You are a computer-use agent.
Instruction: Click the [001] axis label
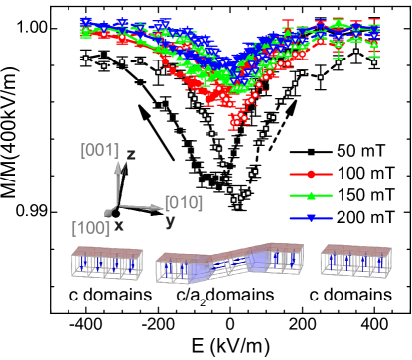coord(99,151)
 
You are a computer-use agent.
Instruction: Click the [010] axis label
coord(183,203)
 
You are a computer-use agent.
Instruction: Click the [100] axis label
coord(90,228)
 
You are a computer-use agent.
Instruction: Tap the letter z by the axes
coord(131,155)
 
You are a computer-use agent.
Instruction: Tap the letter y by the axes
coord(170,221)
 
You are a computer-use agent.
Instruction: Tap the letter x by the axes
coord(119,226)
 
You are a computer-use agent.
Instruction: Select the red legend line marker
coord(311,175)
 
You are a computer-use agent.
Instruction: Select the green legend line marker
coord(311,196)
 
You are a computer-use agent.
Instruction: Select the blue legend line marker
coord(311,218)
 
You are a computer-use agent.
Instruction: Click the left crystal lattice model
coord(107,263)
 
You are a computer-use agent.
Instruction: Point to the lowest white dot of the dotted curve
coord(236,207)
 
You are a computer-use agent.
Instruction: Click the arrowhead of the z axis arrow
coord(118,165)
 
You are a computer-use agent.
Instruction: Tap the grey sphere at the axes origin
coord(110,211)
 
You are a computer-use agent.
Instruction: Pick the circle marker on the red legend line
coord(311,175)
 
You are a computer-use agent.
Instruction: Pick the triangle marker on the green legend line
coord(311,196)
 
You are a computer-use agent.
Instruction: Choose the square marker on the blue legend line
coord(311,218)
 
